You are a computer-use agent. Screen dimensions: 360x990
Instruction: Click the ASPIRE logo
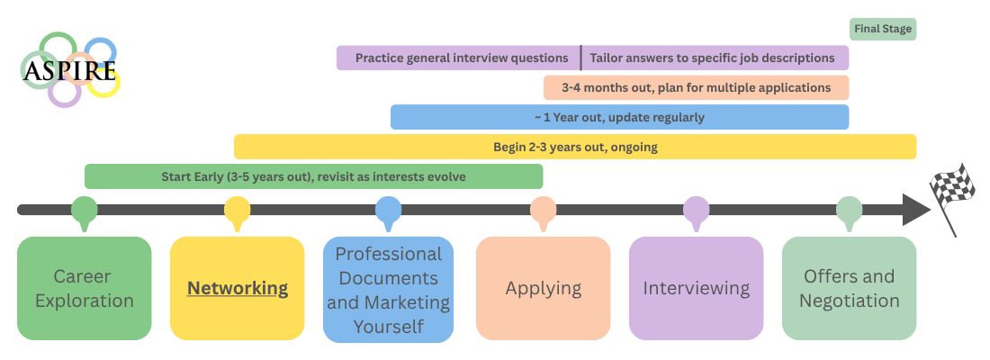70,69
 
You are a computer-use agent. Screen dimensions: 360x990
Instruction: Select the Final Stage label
882,29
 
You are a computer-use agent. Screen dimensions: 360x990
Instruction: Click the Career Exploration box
85,288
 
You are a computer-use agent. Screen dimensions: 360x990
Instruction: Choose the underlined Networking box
238,288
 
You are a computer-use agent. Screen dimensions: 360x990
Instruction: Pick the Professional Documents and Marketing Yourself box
389,289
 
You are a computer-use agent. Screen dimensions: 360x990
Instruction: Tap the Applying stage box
543,288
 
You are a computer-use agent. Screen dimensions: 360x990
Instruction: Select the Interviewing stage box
696,288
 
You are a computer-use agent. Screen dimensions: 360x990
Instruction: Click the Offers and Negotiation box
849,288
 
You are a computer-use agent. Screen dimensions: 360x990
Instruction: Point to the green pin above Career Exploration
85,211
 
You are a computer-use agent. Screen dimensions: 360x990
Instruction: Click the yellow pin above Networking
237,211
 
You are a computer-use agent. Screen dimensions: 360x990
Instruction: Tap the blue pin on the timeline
389,211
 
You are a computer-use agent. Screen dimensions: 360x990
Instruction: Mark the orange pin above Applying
543,211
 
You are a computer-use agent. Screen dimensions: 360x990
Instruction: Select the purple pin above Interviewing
696,211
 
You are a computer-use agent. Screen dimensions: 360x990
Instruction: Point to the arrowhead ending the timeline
913,210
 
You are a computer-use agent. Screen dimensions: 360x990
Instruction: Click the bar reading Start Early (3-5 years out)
313,176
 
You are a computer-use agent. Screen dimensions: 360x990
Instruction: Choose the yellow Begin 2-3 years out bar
575,147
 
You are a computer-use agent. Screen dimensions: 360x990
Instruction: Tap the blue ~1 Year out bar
619,117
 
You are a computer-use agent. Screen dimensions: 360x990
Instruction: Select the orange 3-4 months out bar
696,88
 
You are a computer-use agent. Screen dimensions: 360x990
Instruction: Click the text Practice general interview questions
462,58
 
